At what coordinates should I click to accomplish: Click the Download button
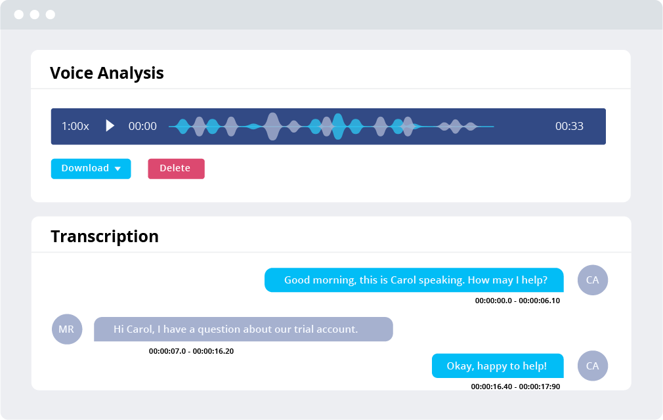(x=91, y=169)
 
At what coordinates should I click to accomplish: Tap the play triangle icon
(x=110, y=125)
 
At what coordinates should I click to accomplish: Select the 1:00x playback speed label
(x=75, y=126)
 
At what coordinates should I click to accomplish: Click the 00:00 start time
(x=142, y=126)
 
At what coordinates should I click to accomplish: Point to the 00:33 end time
(x=569, y=126)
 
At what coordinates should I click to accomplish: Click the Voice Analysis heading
(x=107, y=73)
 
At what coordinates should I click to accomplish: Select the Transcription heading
(x=105, y=237)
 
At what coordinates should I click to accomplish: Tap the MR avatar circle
(x=67, y=329)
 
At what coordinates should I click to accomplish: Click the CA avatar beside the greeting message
(x=592, y=280)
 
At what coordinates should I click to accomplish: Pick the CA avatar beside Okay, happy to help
(x=592, y=366)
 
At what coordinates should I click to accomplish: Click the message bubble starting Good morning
(x=414, y=280)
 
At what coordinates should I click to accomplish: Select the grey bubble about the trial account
(x=243, y=329)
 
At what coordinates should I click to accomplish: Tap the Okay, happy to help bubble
(x=498, y=366)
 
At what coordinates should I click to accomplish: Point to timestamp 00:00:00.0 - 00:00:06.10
(x=517, y=301)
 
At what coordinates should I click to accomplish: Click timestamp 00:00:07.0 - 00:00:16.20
(x=191, y=351)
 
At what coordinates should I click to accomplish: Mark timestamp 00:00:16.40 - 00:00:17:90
(x=515, y=387)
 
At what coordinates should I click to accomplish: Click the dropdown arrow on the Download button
(x=118, y=169)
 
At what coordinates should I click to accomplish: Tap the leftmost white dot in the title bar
(x=18, y=15)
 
